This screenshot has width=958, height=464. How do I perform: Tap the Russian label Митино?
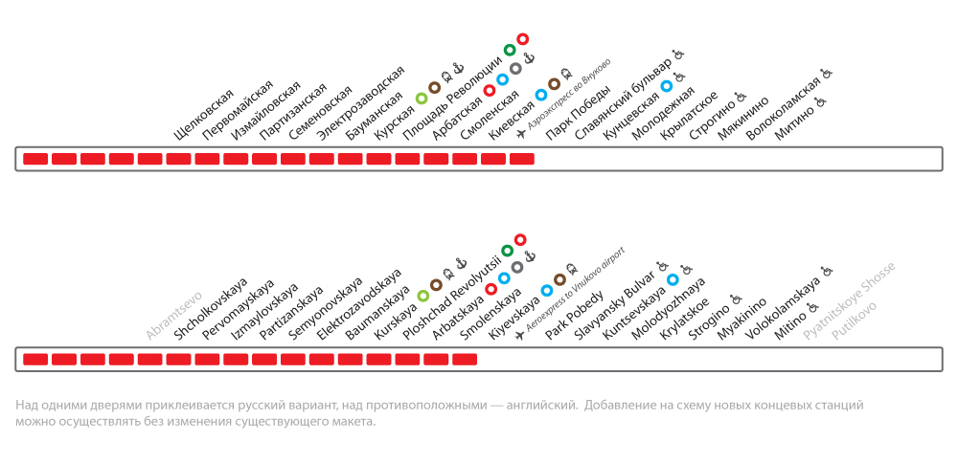click(x=795, y=122)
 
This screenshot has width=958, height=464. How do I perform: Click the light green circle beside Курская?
click(x=422, y=99)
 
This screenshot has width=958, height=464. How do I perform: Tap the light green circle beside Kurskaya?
click(x=423, y=296)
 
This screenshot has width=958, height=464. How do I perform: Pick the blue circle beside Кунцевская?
click(x=666, y=86)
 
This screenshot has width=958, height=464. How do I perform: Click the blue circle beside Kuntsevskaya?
click(x=673, y=279)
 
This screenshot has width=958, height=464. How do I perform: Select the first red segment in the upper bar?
click(x=35, y=158)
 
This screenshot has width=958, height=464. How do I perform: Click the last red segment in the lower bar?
click(x=465, y=359)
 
